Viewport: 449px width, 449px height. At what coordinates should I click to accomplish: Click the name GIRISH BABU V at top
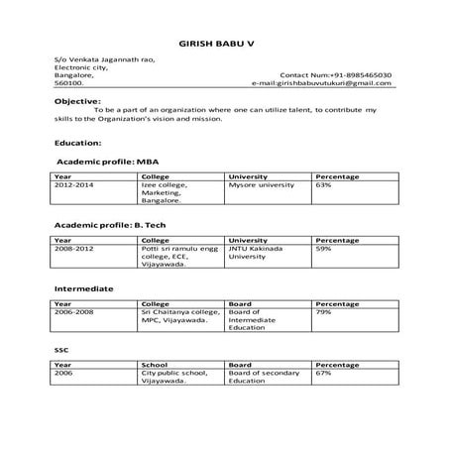point(225,45)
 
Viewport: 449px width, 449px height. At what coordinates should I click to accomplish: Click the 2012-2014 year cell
point(74,184)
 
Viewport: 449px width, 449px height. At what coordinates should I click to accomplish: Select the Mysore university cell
point(263,184)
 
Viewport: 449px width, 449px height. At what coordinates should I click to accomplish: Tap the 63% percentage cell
point(323,184)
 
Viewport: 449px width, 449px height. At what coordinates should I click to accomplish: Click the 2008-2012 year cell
point(74,248)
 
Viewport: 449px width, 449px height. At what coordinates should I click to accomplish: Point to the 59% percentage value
point(323,248)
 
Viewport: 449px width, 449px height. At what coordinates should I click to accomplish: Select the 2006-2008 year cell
point(74,311)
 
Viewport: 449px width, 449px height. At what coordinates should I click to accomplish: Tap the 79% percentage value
point(323,311)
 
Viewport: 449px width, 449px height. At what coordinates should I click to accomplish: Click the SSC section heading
point(60,351)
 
